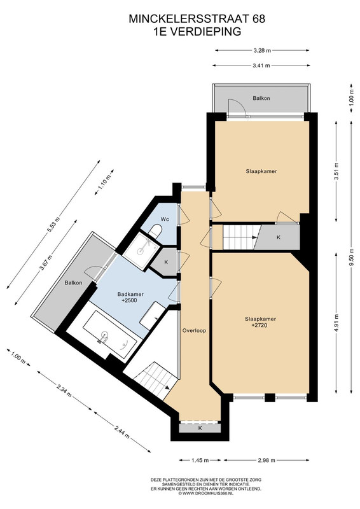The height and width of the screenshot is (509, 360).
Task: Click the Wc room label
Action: point(165,219)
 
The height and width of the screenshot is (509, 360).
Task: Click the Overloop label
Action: point(194,331)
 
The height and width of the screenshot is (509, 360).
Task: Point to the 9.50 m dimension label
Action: point(351,256)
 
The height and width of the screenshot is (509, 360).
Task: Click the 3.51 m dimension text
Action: point(336,171)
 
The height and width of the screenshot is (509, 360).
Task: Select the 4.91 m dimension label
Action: point(336,323)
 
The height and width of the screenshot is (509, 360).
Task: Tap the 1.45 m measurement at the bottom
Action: point(200,460)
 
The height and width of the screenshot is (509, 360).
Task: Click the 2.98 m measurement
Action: point(267,460)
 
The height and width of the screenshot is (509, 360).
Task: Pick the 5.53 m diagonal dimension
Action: point(54,225)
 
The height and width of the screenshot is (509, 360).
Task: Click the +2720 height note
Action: point(260,325)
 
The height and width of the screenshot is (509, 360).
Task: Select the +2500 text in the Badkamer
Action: point(129,300)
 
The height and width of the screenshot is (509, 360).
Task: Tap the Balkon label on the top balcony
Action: point(261,98)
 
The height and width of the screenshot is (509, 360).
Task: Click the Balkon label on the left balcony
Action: point(73,282)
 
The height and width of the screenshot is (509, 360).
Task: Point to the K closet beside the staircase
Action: point(278,237)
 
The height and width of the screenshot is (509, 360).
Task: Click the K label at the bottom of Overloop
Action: point(200,428)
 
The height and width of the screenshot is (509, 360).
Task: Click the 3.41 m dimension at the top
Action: point(261,66)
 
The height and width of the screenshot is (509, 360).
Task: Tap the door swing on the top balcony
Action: point(235,106)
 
